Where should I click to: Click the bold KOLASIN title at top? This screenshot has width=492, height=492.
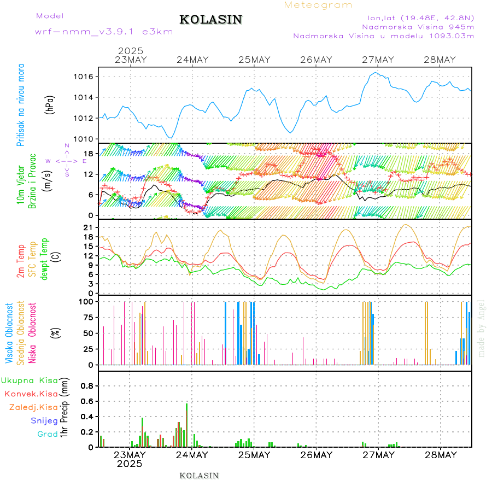click(x=211, y=20)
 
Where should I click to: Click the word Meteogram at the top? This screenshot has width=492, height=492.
click(x=319, y=5)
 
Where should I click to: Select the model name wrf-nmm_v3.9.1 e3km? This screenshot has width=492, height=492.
click(x=104, y=32)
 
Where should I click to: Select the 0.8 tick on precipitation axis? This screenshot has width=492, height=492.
click(x=86, y=385)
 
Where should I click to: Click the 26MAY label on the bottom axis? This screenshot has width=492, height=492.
click(x=316, y=455)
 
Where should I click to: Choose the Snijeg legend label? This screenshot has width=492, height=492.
click(x=44, y=421)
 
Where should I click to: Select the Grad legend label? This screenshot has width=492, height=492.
click(x=48, y=435)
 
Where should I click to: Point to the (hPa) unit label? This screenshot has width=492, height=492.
click(x=50, y=104)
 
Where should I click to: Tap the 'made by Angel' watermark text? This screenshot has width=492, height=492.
click(x=482, y=328)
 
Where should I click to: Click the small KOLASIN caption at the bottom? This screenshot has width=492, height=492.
click(x=199, y=476)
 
